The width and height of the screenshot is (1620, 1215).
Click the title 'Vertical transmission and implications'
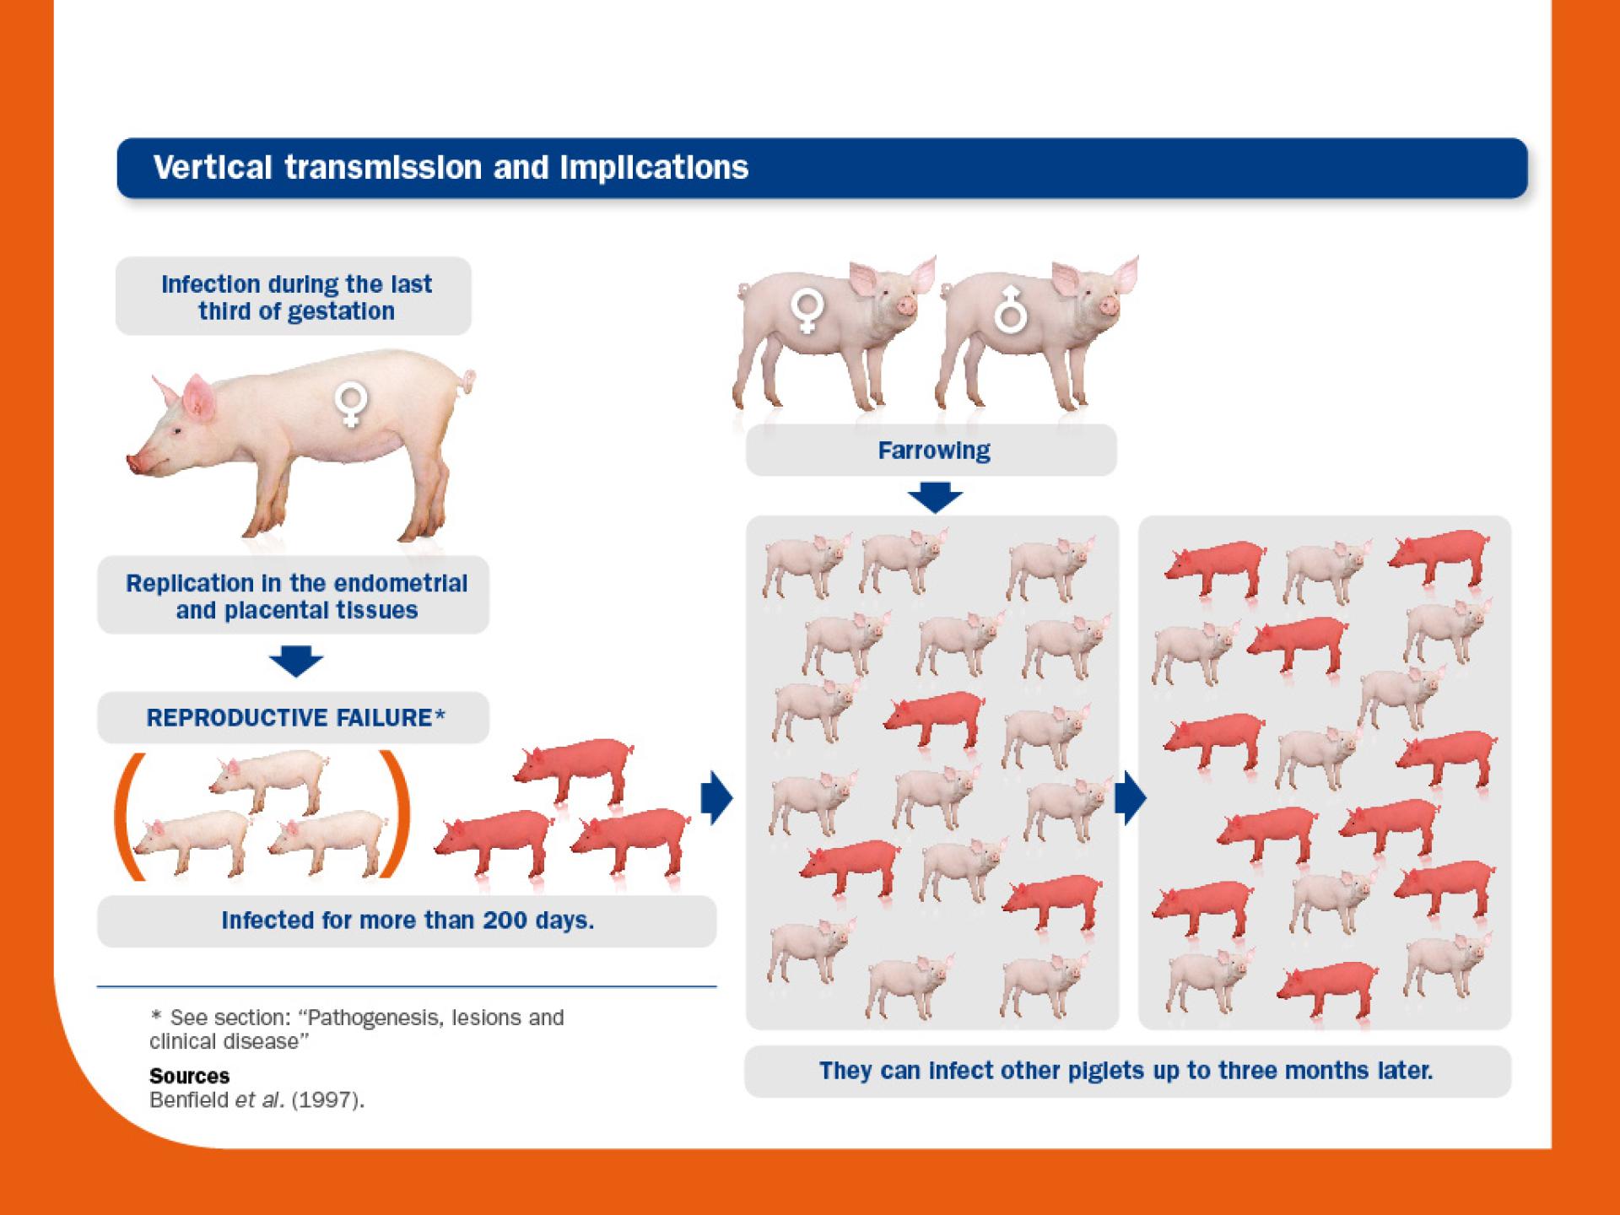click(451, 167)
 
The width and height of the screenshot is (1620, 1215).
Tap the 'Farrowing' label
click(934, 451)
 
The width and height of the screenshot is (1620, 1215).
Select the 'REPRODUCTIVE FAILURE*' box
click(294, 717)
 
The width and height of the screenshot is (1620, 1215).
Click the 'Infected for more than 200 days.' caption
click(408, 920)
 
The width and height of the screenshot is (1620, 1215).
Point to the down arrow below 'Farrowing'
click(935, 497)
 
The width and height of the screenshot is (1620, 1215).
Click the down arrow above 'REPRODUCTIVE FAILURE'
click(296, 661)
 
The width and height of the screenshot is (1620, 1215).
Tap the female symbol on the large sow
click(350, 403)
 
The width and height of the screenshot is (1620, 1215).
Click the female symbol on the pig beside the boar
click(806, 311)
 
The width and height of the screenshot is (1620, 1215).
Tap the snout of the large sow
click(135, 463)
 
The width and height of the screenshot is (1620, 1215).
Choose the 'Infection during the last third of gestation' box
click(294, 296)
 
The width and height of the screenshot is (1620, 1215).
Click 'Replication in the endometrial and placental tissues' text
click(296, 597)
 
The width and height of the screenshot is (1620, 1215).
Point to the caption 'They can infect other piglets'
click(1126, 1071)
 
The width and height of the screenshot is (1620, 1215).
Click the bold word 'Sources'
click(189, 1076)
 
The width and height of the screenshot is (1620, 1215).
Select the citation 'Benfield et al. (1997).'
click(256, 1101)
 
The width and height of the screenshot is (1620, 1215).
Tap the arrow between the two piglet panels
click(1131, 797)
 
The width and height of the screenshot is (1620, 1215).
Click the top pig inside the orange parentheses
click(268, 780)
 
